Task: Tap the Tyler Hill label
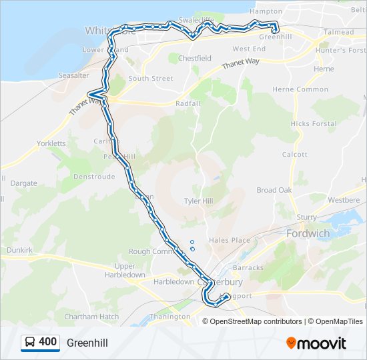click(198, 201)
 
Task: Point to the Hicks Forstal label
click(314, 124)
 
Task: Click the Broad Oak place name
click(274, 190)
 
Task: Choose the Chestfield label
click(194, 58)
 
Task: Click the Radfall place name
click(188, 104)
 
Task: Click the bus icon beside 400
click(30, 343)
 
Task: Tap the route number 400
click(48, 342)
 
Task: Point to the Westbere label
click(344, 199)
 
